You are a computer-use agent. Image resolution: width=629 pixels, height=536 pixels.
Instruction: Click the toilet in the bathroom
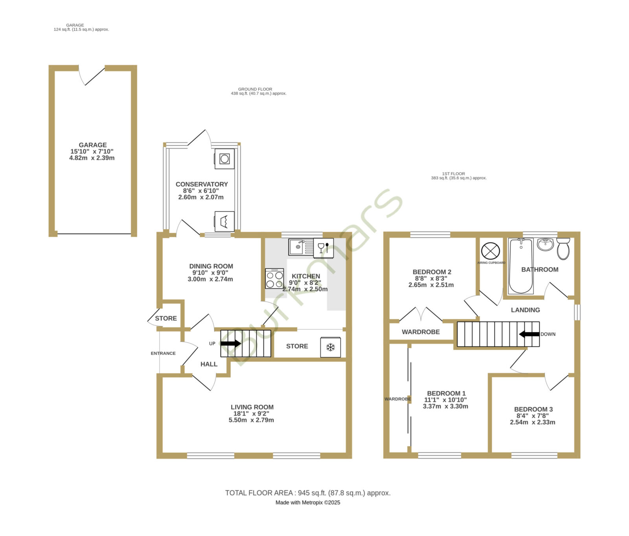563,248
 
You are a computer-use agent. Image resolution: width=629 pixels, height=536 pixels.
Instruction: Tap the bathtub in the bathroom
520,266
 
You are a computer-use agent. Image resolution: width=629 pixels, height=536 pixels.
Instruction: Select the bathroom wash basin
545,244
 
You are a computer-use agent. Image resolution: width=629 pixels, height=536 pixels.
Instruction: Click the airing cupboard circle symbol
491,251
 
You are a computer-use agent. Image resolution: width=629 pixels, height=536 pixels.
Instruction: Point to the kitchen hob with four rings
274,278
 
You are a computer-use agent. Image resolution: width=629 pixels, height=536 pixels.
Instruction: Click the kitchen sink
301,247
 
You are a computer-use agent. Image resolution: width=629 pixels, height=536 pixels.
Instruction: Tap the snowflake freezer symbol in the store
331,347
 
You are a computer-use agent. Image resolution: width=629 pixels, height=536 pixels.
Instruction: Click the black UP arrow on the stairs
230,343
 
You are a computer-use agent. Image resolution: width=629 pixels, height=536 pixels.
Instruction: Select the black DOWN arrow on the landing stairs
529,334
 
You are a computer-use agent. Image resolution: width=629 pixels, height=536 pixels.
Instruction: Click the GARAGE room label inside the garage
93,145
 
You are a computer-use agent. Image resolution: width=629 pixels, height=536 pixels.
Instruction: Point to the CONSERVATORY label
202,184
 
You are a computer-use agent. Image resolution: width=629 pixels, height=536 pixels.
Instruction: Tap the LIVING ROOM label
252,407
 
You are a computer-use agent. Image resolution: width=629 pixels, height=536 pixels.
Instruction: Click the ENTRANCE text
163,353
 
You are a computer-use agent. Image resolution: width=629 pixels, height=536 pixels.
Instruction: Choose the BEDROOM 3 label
533,409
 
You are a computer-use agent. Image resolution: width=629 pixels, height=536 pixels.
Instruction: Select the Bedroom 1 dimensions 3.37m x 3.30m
445,406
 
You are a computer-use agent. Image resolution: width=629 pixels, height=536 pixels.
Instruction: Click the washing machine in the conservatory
224,159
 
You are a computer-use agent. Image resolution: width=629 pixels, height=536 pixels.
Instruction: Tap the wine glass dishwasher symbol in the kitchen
324,248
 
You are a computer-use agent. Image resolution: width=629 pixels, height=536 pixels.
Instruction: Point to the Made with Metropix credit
308,503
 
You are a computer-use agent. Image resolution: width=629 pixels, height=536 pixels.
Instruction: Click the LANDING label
525,310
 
